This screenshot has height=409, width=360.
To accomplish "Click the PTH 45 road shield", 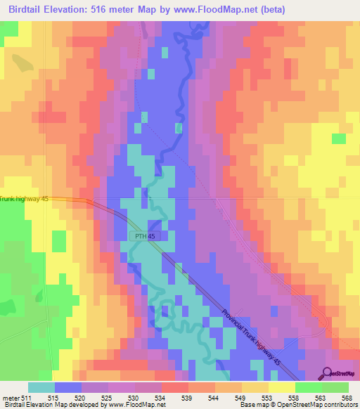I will [150, 237].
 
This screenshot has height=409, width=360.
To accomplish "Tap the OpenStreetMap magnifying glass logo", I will [326, 373].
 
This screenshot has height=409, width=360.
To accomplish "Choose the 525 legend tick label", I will [110, 398].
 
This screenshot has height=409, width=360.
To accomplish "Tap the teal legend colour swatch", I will [41, 387].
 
